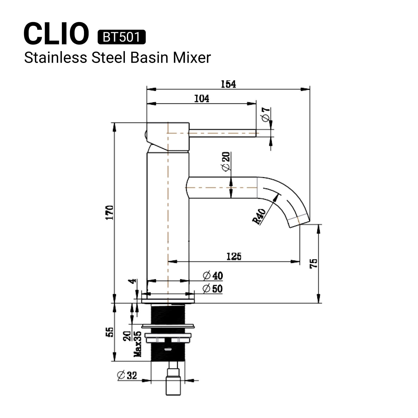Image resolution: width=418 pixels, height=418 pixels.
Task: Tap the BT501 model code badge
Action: [x=121, y=37]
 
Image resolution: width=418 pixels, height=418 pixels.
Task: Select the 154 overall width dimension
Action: [x=228, y=84]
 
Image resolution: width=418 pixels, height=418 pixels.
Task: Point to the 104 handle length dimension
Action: [x=202, y=99]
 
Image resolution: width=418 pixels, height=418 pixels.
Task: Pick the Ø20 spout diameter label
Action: [x=226, y=161]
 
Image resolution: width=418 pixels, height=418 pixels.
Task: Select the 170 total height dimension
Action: [x=110, y=212]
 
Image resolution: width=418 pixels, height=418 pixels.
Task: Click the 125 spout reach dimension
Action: [x=234, y=257]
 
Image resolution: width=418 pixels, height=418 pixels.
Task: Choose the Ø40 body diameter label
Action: [x=213, y=276]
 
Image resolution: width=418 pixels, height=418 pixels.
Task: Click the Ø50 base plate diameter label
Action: [x=213, y=289]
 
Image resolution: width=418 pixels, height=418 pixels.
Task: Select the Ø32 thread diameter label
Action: [x=127, y=375]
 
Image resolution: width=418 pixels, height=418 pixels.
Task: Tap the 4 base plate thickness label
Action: [x=134, y=281]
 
